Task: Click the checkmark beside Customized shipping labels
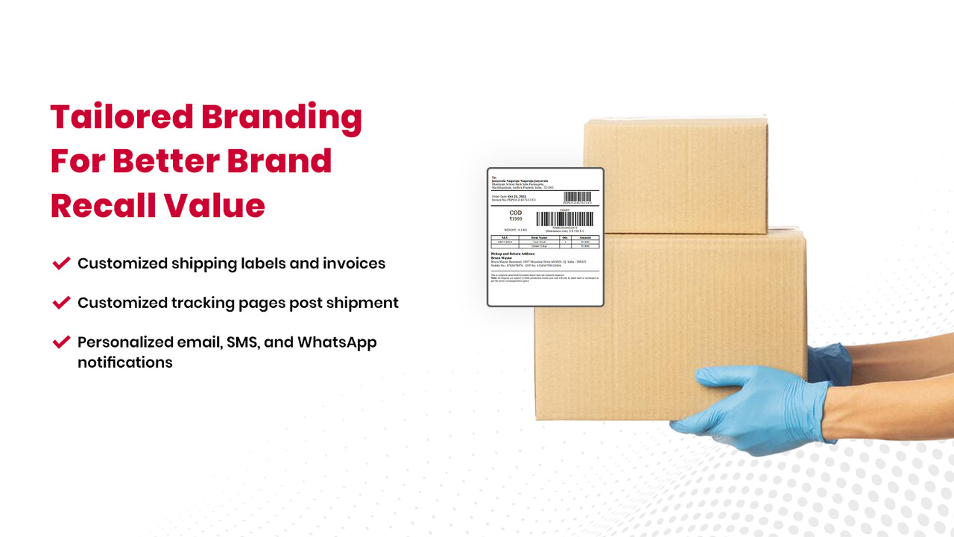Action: (x=61, y=263)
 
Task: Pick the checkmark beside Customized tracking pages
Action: (x=61, y=302)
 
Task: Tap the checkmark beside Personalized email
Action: (x=61, y=342)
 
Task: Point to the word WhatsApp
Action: (x=337, y=342)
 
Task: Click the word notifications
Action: (x=125, y=362)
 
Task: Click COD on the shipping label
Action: (x=515, y=213)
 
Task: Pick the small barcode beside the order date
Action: (x=578, y=196)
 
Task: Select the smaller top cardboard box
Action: (x=675, y=175)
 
